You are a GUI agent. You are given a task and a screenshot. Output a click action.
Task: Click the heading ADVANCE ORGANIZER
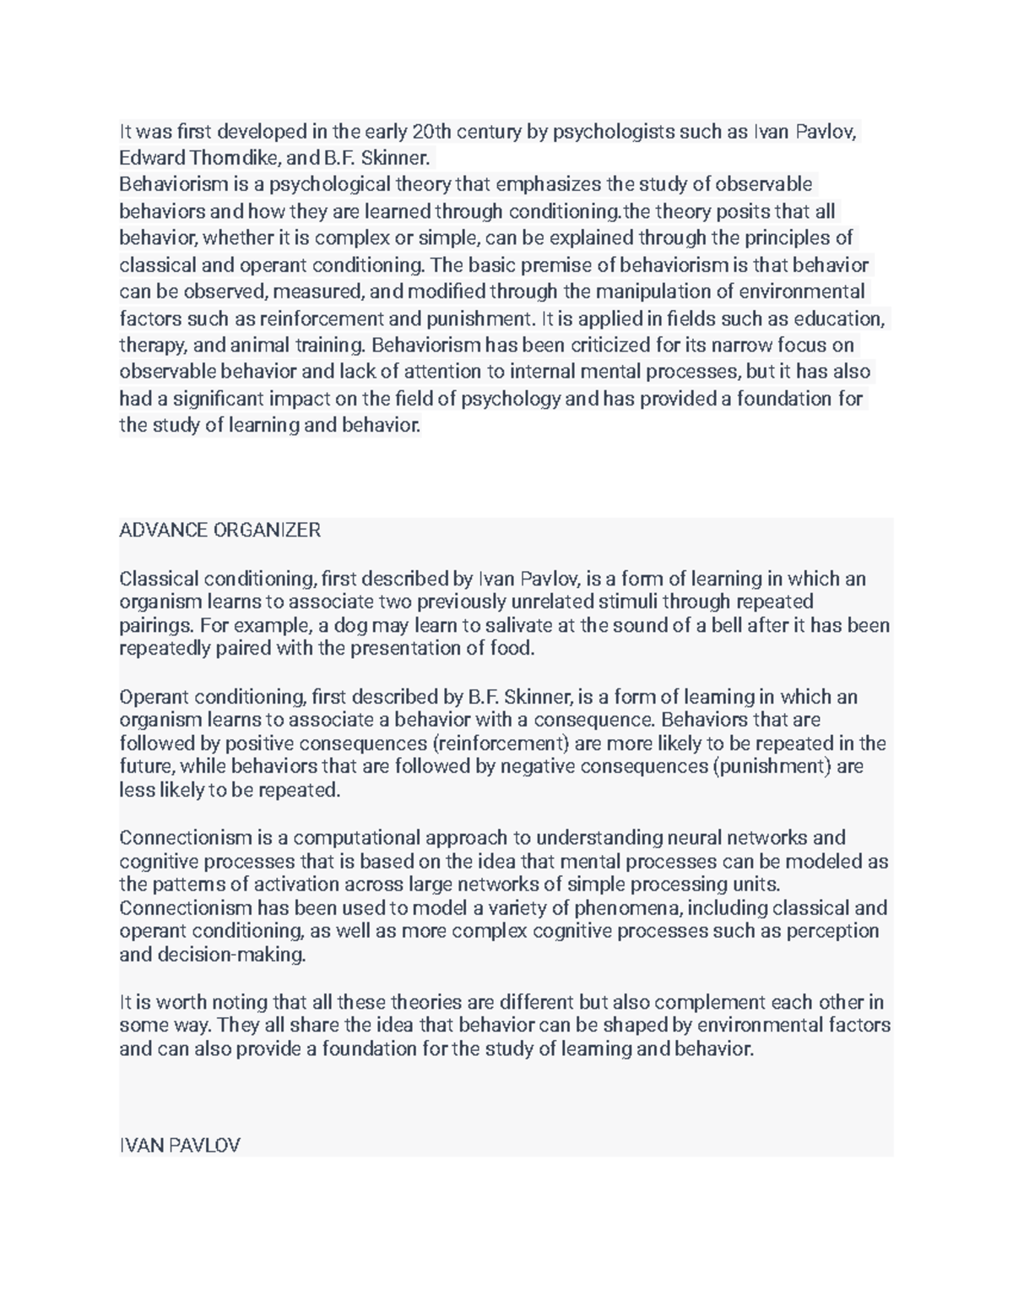click(219, 531)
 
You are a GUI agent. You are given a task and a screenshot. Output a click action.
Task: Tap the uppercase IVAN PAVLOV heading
click(180, 1145)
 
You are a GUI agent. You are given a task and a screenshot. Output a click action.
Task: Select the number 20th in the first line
click(431, 132)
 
